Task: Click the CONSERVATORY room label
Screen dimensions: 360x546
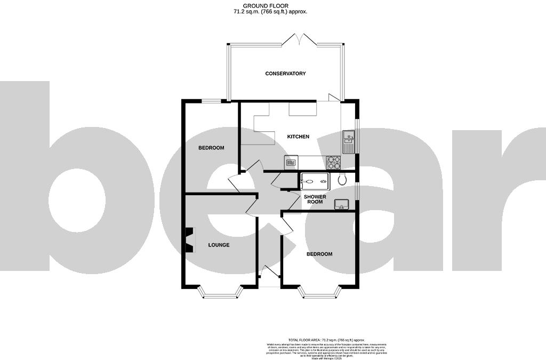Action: pyautogui.click(x=285, y=74)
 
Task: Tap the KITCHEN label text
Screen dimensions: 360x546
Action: pyautogui.click(x=298, y=137)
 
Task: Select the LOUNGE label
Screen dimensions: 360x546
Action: pyautogui.click(x=219, y=245)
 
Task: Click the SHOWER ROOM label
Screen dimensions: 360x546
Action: pyautogui.click(x=315, y=199)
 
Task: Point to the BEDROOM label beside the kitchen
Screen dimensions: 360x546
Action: pyautogui.click(x=211, y=148)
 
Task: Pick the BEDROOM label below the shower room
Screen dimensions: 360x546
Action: pyautogui.click(x=319, y=254)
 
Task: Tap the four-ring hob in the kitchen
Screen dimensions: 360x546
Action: pyautogui.click(x=334, y=162)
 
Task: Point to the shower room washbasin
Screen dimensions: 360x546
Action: pyautogui.click(x=341, y=204)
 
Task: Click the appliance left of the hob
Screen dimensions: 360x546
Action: pyautogui.click(x=291, y=162)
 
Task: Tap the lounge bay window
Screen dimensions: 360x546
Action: pyautogui.click(x=220, y=293)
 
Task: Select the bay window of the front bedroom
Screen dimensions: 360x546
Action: pyautogui.click(x=319, y=293)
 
